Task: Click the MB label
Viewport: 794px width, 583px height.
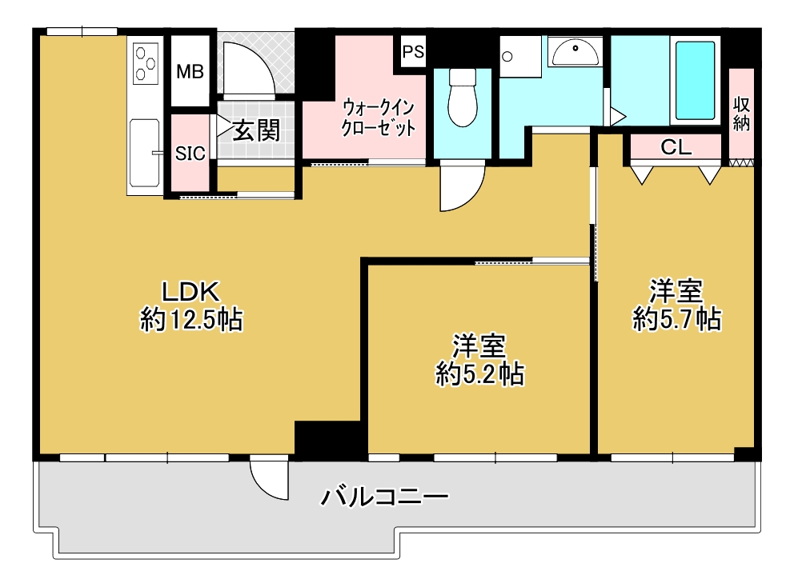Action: (x=190, y=72)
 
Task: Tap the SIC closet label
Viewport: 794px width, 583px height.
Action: (x=190, y=154)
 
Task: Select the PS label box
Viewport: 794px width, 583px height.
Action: (x=413, y=51)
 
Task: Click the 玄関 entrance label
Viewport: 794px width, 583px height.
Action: (x=256, y=131)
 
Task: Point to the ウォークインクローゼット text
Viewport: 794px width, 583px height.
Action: (x=379, y=118)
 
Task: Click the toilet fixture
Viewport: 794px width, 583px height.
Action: (x=463, y=98)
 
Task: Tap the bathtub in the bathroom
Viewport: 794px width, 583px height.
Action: (x=696, y=81)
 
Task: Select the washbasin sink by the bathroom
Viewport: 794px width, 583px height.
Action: (x=575, y=53)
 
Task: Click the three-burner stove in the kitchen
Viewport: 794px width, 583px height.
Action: (x=146, y=63)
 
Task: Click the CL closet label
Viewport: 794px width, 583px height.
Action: (x=676, y=147)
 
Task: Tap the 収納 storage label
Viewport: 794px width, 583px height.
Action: (x=741, y=114)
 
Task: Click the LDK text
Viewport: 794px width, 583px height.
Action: (x=190, y=291)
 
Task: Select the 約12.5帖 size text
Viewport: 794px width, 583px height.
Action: (x=191, y=320)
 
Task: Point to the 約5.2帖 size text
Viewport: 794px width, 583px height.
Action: (x=479, y=375)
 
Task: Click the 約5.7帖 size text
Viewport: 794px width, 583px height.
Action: (x=677, y=319)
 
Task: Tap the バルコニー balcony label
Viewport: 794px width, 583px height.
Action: (x=385, y=497)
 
